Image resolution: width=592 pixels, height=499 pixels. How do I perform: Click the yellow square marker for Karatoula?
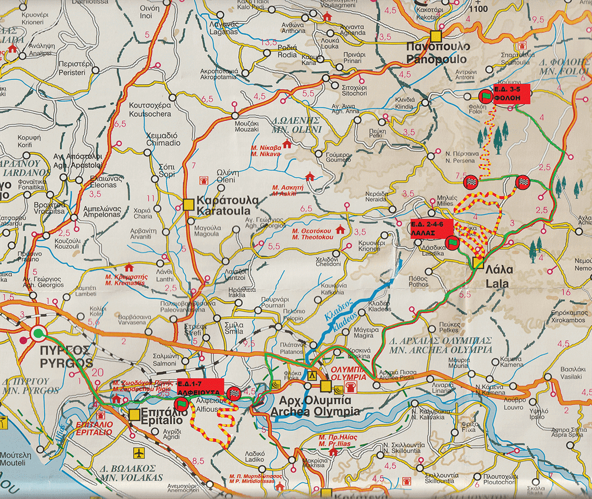pyautogui.click(x=188, y=204)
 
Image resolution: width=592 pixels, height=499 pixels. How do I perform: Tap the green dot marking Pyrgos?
pyautogui.click(x=39, y=332)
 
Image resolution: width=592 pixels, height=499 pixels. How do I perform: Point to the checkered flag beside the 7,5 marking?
pyautogui.click(x=471, y=182)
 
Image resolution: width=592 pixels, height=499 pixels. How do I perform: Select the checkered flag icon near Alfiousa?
pyautogui.click(x=235, y=393)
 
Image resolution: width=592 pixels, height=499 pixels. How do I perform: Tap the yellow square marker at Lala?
pyautogui.click(x=478, y=263)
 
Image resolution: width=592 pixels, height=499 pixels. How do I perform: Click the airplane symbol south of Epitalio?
pyautogui.click(x=138, y=452)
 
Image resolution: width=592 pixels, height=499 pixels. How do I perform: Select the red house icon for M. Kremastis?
pyautogui.click(x=128, y=268)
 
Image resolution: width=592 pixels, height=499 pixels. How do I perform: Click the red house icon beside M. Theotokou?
pyautogui.click(x=340, y=230)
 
